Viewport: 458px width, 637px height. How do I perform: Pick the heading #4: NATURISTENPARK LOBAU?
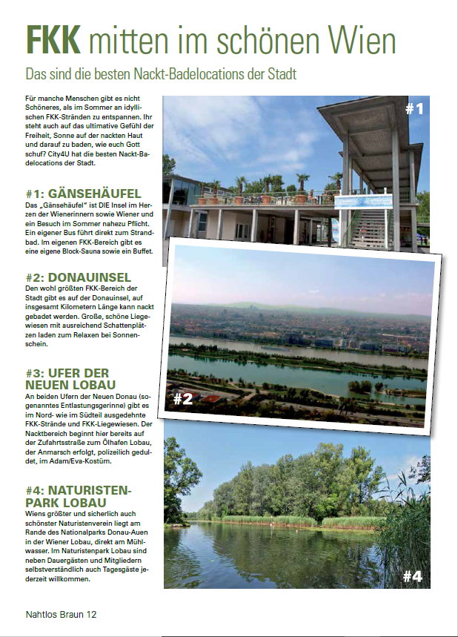click(x=78, y=497)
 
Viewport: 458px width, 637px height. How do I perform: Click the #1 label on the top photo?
click(x=414, y=109)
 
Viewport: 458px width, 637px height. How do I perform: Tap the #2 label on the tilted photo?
click(x=183, y=398)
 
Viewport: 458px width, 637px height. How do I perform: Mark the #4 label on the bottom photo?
click(x=412, y=575)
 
